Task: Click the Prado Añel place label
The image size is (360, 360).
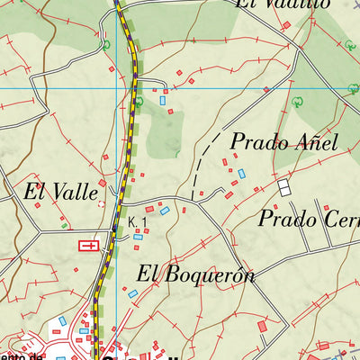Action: click(283, 142)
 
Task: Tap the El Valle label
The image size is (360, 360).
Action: click(59, 191)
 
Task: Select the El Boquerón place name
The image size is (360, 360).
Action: click(196, 274)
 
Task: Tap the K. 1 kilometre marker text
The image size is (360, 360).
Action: click(137, 221)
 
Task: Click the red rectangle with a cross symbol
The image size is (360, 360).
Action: click(89, 245)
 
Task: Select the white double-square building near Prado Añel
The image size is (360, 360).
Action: click(284, 187)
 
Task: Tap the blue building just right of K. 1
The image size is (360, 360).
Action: click(164, 211)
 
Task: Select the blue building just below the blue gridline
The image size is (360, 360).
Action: click(163, 101)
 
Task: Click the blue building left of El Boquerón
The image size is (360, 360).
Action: click(132, 293)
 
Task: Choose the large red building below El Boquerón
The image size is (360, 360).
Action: click(262, 325)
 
